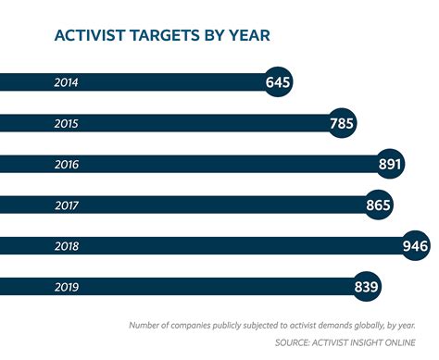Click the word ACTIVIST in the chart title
click(91, 37)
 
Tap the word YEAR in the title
click(249, 37)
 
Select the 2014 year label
click(66, 83)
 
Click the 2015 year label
click(66, 124)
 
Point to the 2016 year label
click(66, 165)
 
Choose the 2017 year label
click(66, 205)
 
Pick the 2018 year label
click(66, 246)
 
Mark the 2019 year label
click(66, 287)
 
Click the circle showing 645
click(278, 83)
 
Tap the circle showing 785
click(343, 124)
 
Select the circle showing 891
click(390, 165)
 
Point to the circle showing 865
click(378, 205)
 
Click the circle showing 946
click(415, 246)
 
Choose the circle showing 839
click(367, 287)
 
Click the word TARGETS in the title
click(169, 37)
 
